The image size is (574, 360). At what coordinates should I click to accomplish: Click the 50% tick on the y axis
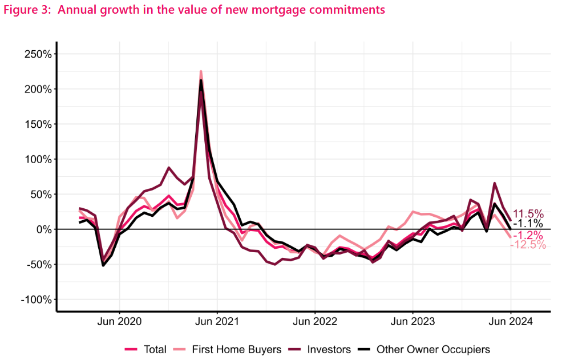coord(39,195)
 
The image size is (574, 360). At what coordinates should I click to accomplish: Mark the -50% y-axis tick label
coord(38,265)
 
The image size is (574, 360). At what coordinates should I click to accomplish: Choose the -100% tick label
coord(35,300)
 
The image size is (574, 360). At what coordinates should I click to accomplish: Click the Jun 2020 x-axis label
coord(119,321)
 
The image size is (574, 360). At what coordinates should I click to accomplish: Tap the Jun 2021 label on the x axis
coord(217,321)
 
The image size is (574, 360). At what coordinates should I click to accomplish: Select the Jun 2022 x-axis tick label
coord(315,321)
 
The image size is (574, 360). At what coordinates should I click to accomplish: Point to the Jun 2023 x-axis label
coord(413,321)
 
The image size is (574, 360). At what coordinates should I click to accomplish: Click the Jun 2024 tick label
coord(511,321)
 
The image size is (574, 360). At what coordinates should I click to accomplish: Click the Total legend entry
coord(155,349)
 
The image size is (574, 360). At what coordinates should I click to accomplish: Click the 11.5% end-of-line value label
coord(529,214)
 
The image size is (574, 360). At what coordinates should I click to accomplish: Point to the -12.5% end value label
coord(528,245)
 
